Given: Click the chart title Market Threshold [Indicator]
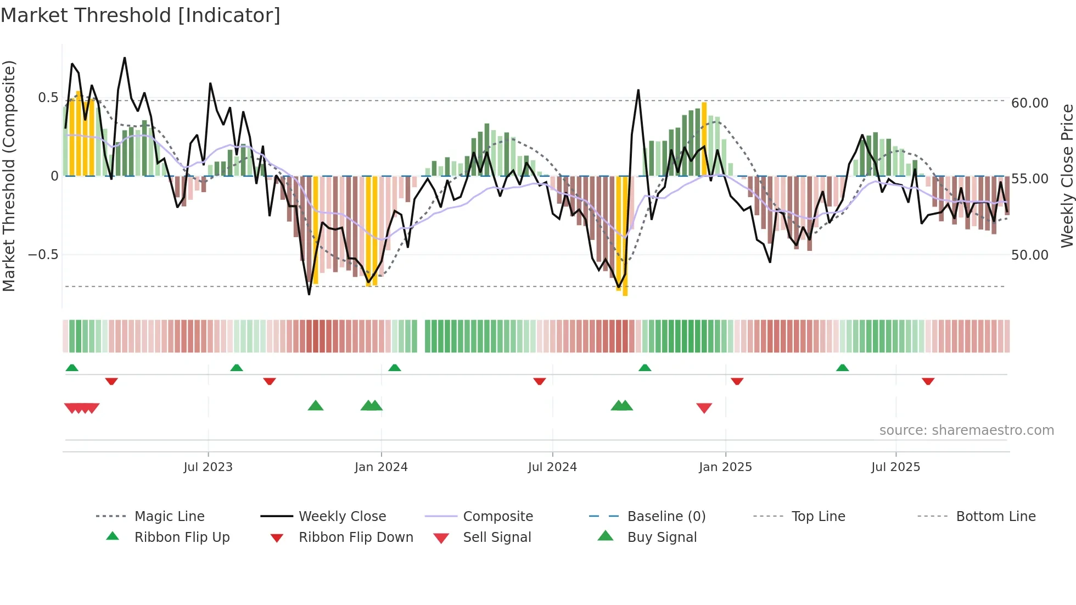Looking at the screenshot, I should [141, 15].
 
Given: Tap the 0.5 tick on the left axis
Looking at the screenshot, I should [48, 98].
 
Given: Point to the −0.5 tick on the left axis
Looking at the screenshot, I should [43, 255].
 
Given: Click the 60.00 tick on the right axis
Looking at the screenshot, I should [1030, 103].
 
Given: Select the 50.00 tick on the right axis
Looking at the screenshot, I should [1030, 255].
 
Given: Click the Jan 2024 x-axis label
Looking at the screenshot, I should [381, 467].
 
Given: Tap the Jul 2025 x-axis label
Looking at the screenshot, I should [895, 467].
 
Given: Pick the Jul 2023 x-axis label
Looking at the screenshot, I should [208, 467].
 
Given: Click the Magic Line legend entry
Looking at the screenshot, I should [169, 517].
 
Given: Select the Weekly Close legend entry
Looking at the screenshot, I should [342, 517].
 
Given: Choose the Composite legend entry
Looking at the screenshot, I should [498, 517].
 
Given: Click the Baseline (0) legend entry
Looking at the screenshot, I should [666, 517].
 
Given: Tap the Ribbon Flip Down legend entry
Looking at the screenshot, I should [356, 537].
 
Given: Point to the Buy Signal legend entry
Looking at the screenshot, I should [662, 537].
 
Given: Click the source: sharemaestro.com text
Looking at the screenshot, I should [966, 430].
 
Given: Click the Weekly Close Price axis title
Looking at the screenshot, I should [1067, 176].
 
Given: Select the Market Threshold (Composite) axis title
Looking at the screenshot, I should [9, 176].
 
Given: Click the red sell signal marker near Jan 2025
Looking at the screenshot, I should [704, 408].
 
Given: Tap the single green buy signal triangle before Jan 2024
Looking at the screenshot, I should [316, 406].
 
